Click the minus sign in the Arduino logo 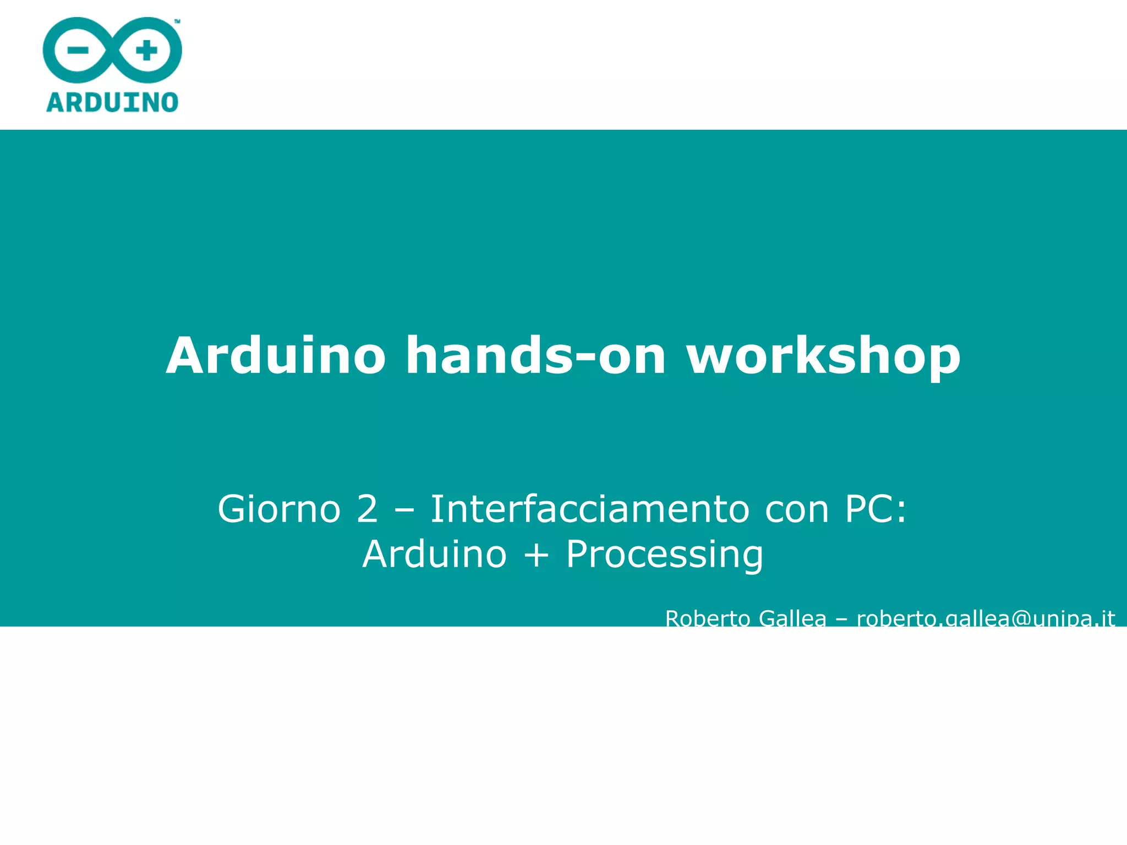78,51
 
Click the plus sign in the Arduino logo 146,51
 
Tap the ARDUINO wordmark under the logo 112,103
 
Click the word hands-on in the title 536,356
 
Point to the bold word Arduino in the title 276,356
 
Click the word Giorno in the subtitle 280,509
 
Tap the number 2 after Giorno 367,509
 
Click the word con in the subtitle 796,510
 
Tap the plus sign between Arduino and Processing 537,555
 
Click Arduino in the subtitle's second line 435,554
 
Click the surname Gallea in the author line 792,619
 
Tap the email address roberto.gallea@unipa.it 986,619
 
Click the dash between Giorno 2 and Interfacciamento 404,510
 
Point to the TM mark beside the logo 177,21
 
